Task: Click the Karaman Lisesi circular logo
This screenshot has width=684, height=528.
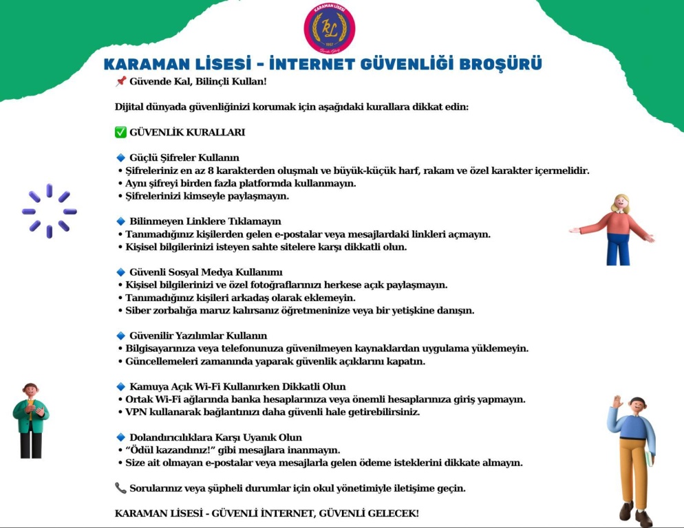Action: click(330, 29)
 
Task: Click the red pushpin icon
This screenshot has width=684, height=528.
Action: click(120, 82)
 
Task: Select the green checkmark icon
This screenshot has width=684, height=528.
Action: click(120, 132)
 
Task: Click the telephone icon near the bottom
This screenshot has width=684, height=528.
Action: click(120, 488)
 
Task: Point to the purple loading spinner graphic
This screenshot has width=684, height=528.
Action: click(49, 211)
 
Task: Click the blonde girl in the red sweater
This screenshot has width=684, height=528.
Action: click(614, 230)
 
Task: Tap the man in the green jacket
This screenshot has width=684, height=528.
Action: click(30, 421)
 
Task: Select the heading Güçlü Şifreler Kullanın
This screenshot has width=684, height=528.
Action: click(184, 158)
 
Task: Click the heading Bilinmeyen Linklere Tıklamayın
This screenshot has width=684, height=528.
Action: click(205, 221)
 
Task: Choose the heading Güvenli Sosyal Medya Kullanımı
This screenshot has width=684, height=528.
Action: click(206, 272)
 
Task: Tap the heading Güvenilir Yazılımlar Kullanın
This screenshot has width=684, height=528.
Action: click(197, 336)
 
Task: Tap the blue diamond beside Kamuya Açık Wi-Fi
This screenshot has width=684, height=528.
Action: click(120, 386)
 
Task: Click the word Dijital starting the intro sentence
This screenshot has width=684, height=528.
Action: click(131, 107)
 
